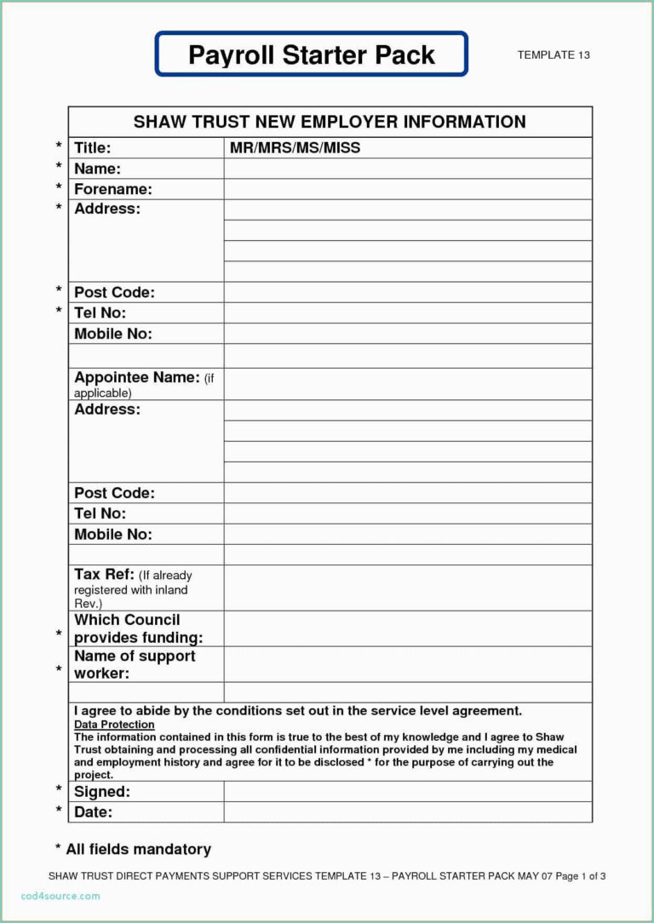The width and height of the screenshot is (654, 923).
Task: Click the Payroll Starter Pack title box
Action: pos(311,54)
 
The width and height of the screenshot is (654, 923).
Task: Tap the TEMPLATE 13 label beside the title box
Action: pos(554,55)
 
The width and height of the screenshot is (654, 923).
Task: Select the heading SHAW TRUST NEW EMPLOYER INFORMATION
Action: pos(330,122)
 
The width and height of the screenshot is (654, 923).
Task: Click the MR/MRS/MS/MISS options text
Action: pos(295,148)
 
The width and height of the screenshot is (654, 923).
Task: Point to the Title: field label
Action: pos(93,148)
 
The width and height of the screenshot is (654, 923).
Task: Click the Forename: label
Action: pos(113,189)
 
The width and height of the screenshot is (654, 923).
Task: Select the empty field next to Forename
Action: pos(408,189)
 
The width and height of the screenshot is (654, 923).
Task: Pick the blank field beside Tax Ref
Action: pos(408,588)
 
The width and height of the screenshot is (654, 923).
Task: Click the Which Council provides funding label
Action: pos(138,628)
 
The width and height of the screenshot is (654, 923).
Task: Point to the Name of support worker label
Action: pos(135,664)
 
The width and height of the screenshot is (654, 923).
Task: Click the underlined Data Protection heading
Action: pos(114,725)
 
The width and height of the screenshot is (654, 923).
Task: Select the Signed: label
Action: pos(102,792)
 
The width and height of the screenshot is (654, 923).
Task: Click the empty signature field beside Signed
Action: pos(408,792)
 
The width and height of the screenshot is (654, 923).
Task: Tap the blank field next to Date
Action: pos(408,812)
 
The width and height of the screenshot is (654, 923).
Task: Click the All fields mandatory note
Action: pos(133,849)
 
